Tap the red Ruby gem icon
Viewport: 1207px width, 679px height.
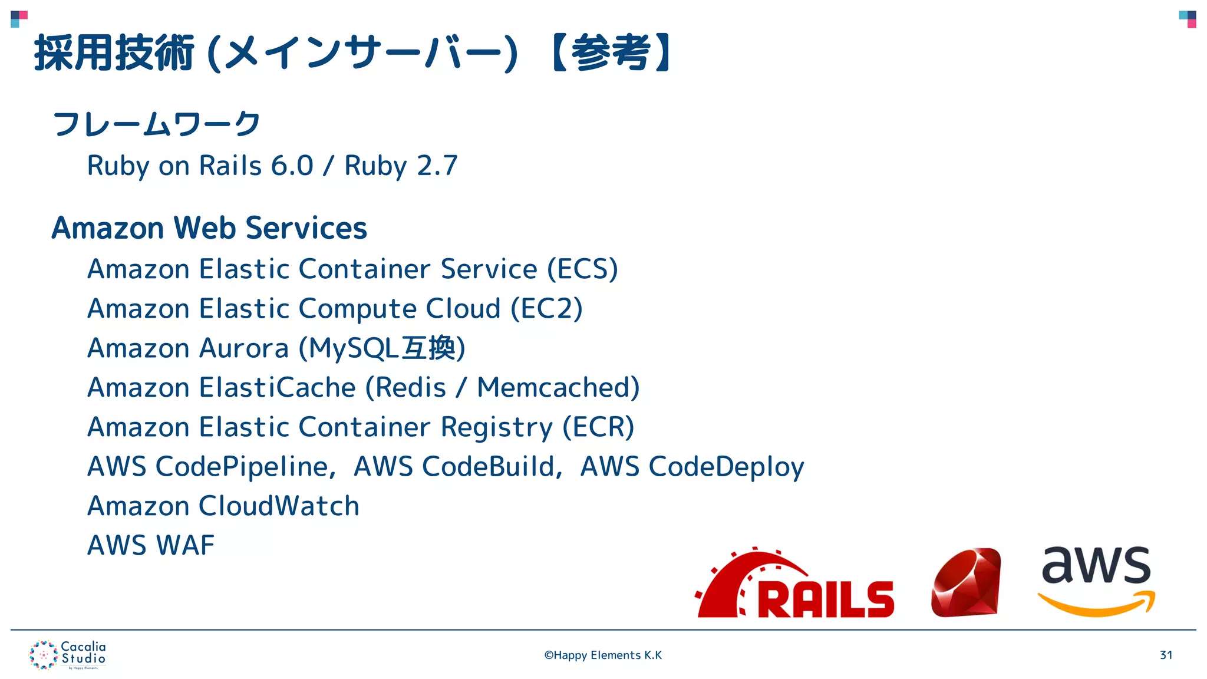click(967, 583)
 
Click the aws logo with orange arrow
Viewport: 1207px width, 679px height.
click(1096, 581)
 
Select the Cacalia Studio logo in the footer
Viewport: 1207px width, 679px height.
click(68, 655)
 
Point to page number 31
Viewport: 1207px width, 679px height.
click(1166, 655)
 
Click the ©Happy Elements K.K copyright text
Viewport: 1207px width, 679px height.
click(603, 655)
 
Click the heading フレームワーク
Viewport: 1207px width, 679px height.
click(157, 124)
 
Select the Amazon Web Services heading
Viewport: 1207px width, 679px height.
click(209, 228)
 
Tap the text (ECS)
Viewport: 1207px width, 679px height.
click(582, 269)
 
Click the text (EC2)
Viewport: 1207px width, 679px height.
click(546, 309)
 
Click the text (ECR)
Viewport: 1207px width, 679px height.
click(598, 427)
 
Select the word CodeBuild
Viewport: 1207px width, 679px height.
click(489, 467)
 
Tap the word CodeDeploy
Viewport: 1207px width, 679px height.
click(726, 467)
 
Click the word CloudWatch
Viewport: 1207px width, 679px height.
click(279, 506)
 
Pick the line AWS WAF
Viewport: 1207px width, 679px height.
click(151, 545)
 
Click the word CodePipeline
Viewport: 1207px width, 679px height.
click(242, 467)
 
